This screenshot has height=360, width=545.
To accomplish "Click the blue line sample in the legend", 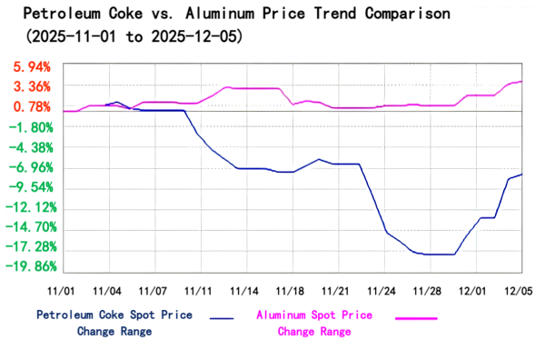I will pos(222,318).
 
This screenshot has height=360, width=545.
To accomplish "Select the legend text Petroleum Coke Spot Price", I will pos(114,315).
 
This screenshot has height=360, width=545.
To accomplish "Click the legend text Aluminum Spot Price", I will pos(313,315).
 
